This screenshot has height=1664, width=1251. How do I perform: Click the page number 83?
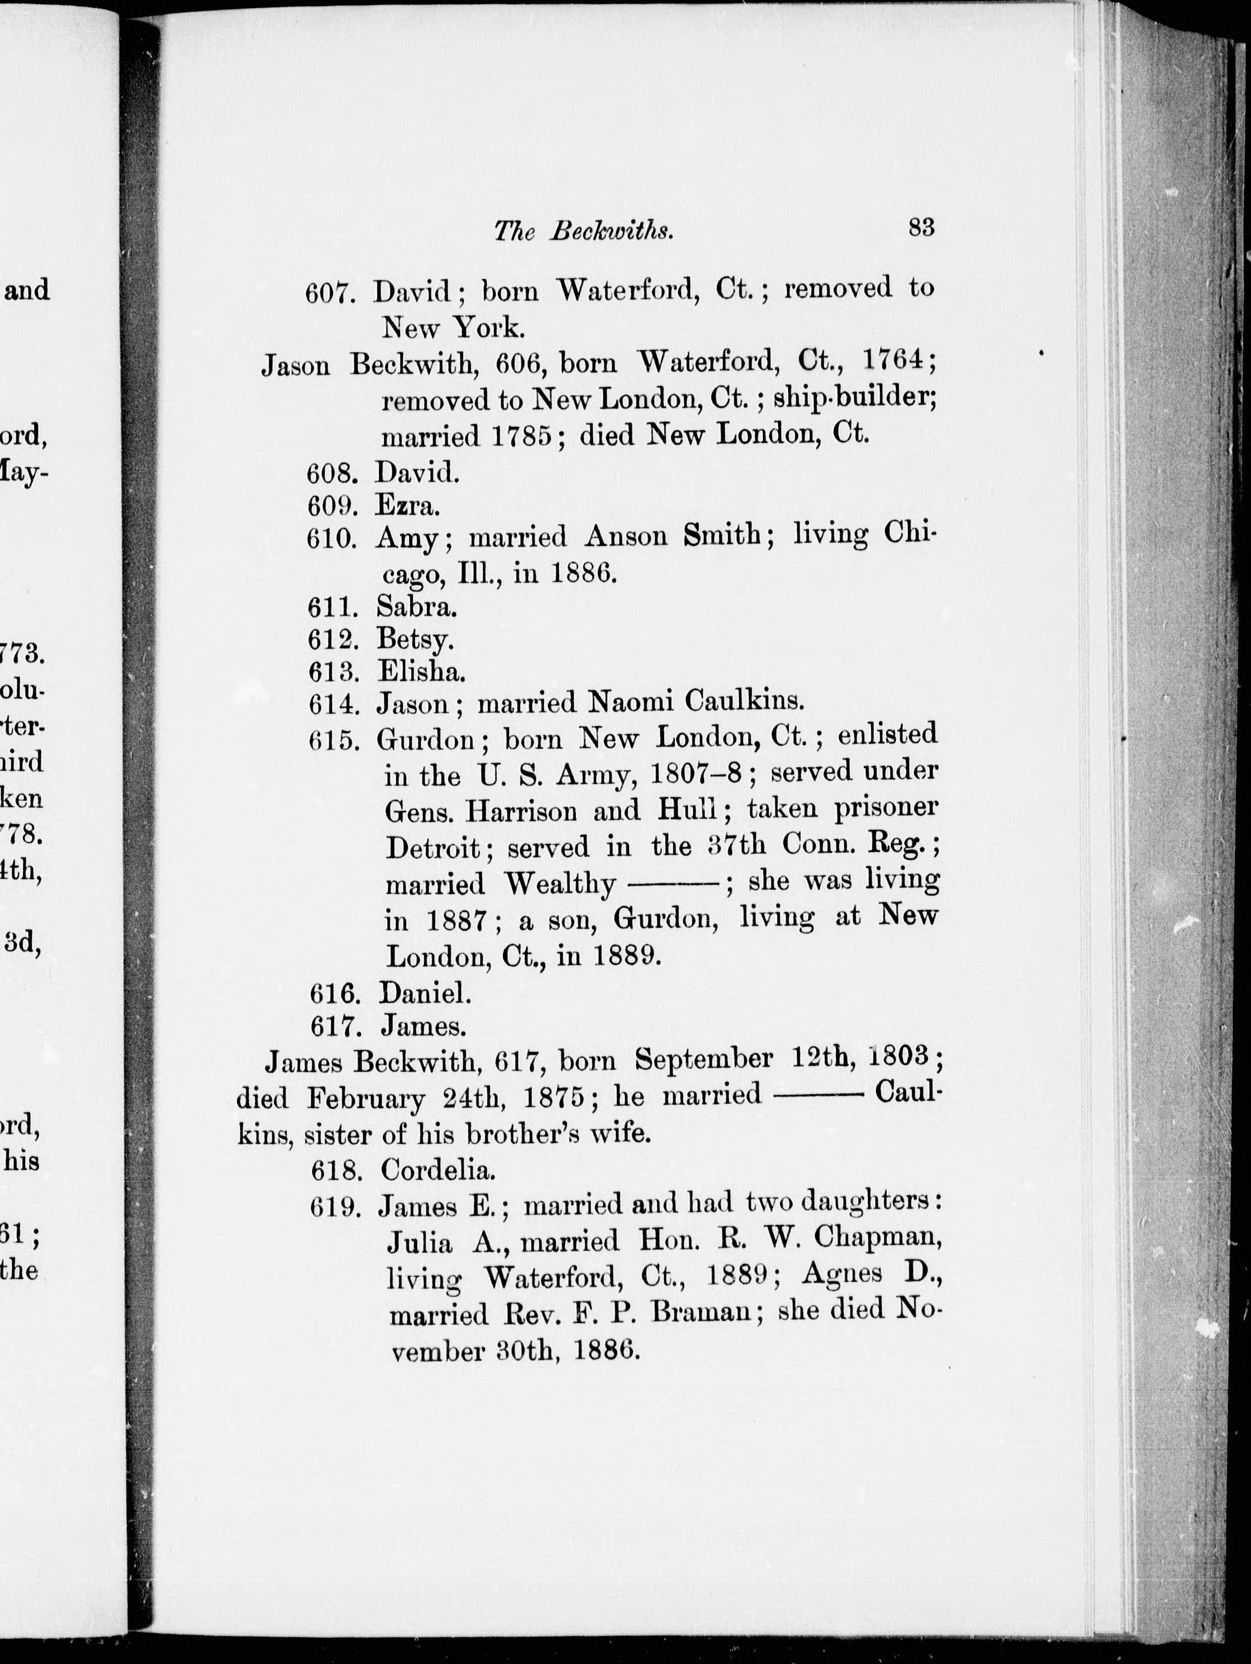coord(921,226)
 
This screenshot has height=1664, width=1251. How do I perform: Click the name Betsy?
coord(414,639)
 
